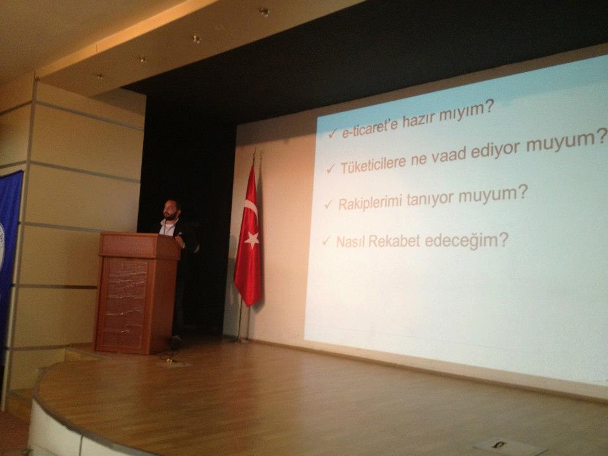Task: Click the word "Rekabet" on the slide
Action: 394,241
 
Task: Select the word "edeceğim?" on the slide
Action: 466,241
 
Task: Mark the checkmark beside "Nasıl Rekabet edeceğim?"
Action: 326,241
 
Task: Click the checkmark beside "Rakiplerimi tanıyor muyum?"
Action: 329,204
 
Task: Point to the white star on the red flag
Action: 252,239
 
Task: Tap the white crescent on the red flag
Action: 251,210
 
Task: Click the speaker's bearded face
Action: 170,210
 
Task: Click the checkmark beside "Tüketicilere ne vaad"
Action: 331,168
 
